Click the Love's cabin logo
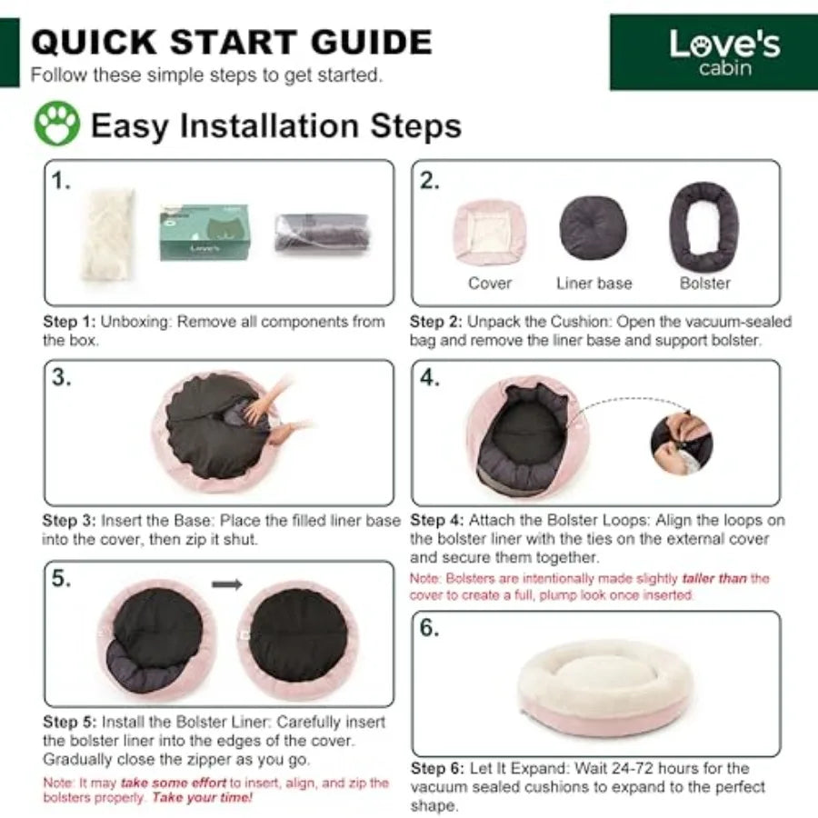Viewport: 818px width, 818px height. tap(713, 52)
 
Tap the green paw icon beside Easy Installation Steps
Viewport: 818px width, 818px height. tap(57, 124)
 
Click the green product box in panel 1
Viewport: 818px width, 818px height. tap(204, 232)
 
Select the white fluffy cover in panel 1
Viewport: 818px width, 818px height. tap(108, 234)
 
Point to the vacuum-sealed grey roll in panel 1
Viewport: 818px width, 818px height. tap(323, 233)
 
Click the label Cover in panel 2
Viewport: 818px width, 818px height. tap(490, 284)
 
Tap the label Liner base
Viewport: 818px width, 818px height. tap(594, 284)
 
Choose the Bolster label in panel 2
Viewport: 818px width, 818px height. tap(704, 284)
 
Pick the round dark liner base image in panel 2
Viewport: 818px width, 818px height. tap(594, 228)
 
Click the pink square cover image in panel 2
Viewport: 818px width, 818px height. tap(489, 232)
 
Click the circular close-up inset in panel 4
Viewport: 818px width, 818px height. tap(682, 444)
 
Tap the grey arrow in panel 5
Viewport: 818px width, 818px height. tap(227, 584)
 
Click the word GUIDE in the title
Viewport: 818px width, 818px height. tap(372, 42)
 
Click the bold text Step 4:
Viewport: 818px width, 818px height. tap(436, 521)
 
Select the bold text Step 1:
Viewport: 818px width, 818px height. tap(69, 322)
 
